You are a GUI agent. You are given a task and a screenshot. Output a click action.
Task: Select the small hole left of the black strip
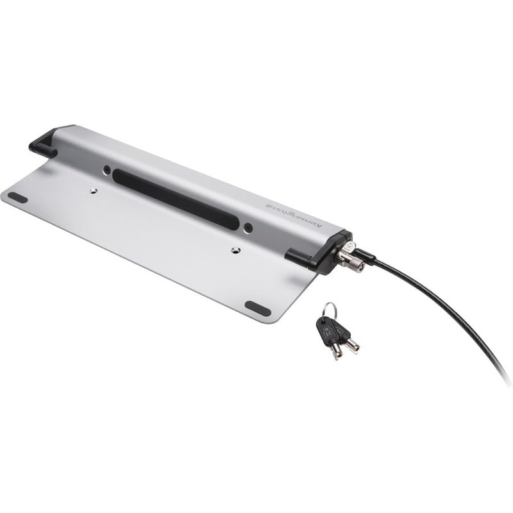[106, 170]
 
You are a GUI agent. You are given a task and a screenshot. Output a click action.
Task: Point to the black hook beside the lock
[300, 255]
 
